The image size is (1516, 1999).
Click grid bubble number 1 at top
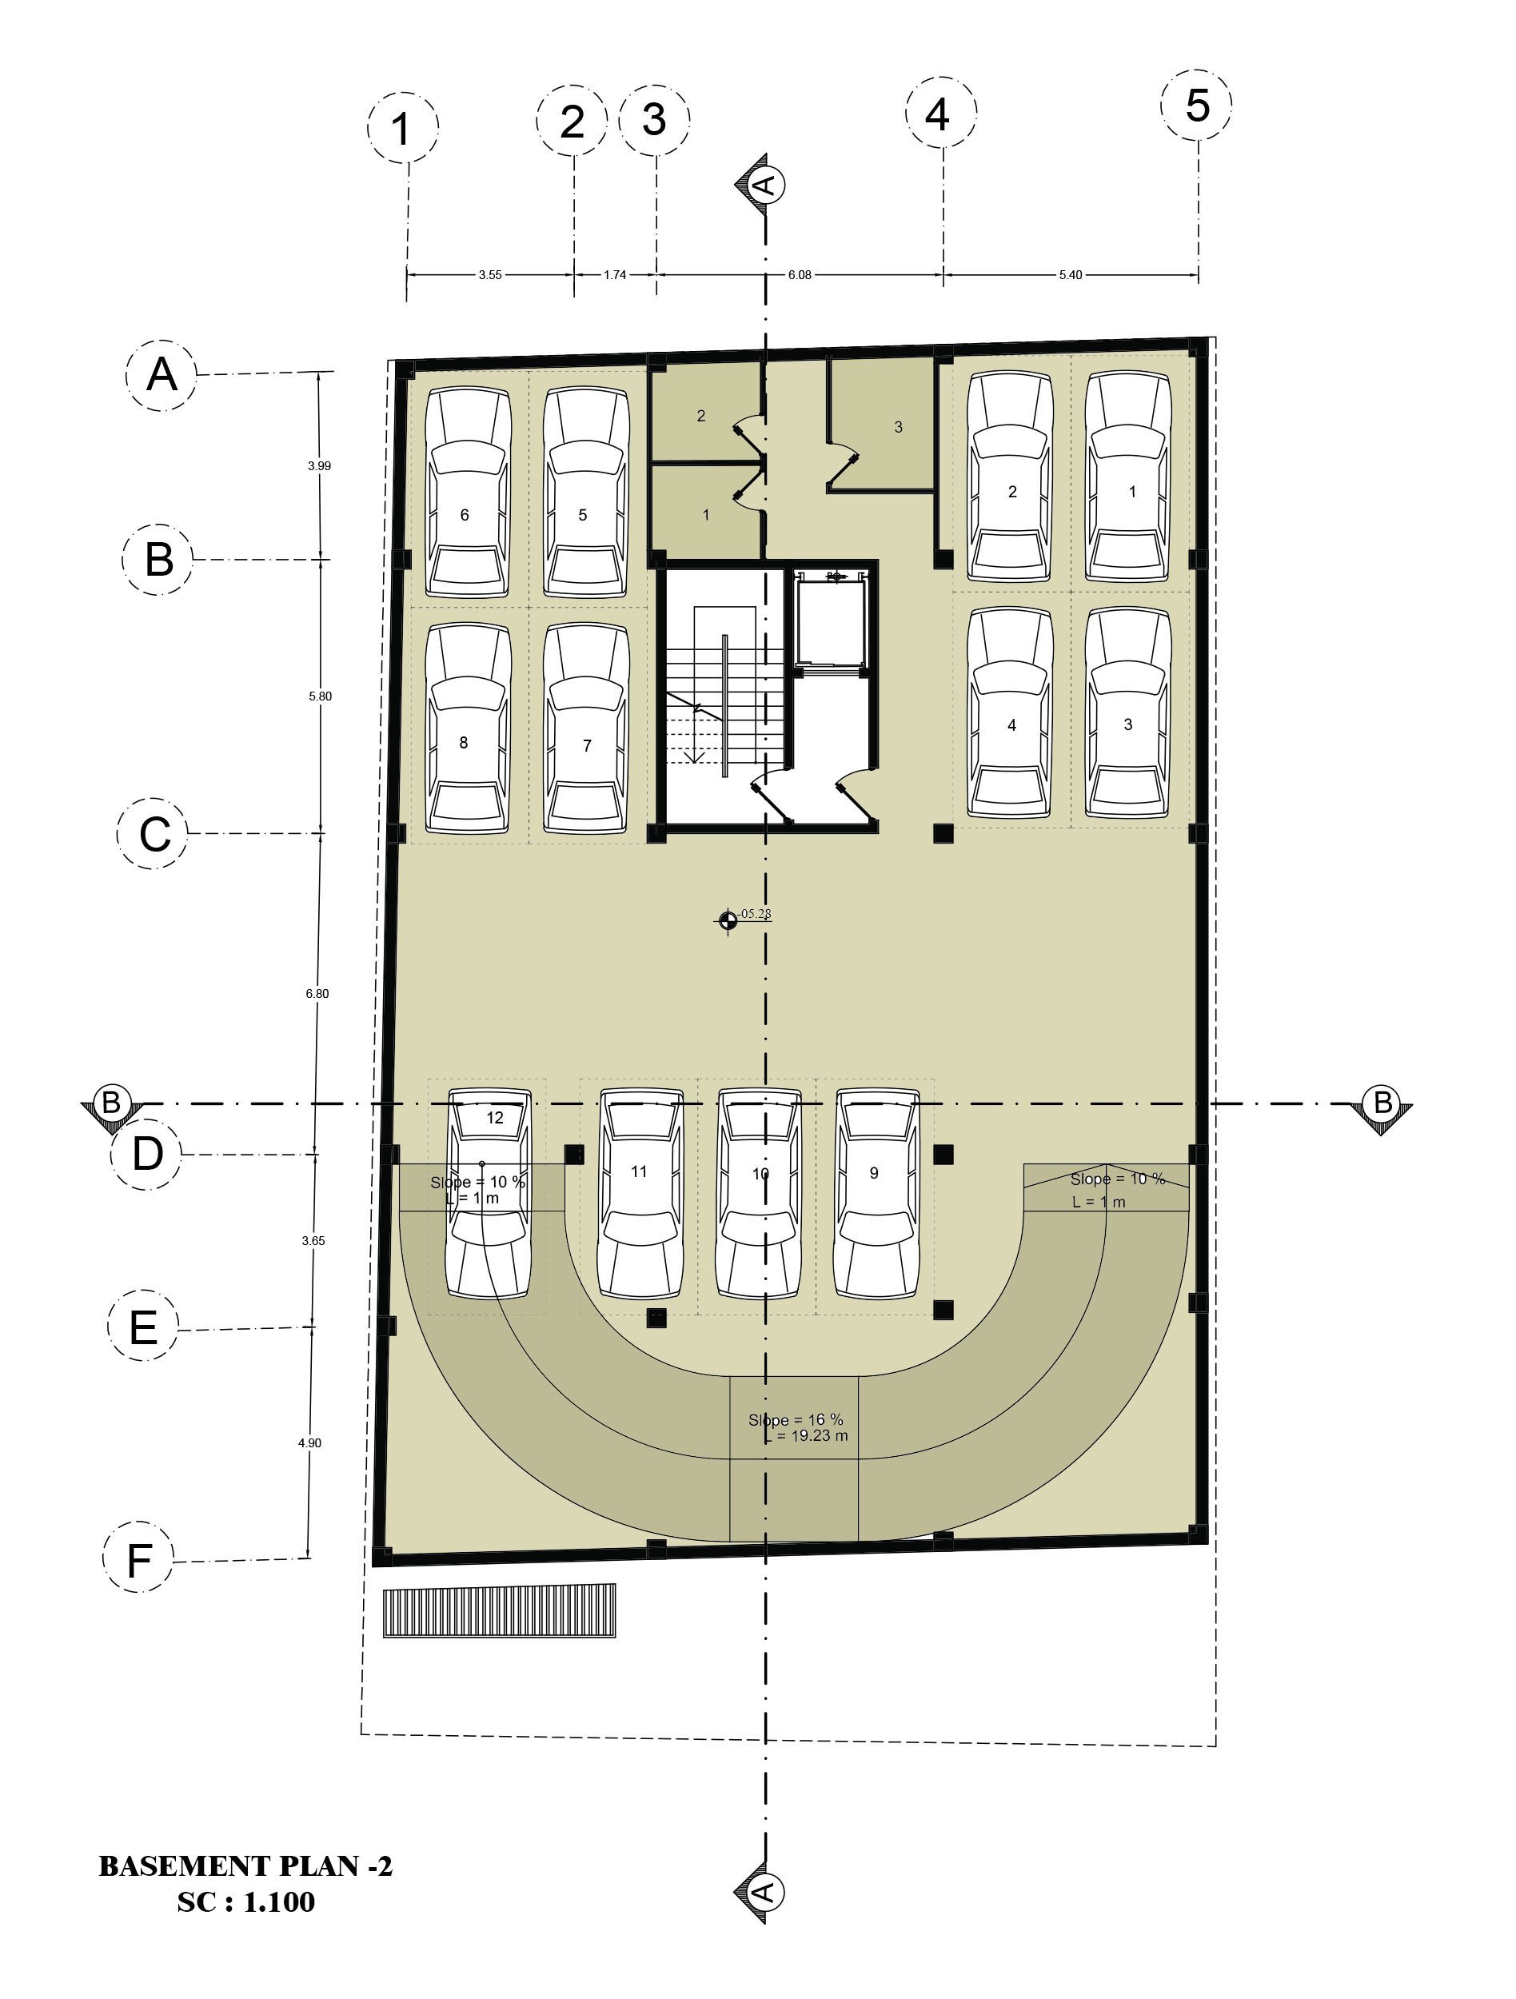click(403, 127)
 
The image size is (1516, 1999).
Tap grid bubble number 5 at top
click(1197, 105)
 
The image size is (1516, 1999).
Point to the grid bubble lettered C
click(154, 833)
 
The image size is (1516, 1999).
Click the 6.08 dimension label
click(800, 275)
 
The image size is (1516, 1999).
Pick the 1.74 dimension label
click(615, 275)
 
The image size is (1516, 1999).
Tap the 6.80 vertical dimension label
click(317, 993)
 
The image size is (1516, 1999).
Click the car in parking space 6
click(468, 493)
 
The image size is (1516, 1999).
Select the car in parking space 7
click(586, 728)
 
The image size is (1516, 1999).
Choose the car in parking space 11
click(641, 1194)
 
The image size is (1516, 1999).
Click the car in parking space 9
click(877, 1194)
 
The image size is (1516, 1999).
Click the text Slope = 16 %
click(796, 1420)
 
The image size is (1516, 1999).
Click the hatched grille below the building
click(500, 1610)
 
